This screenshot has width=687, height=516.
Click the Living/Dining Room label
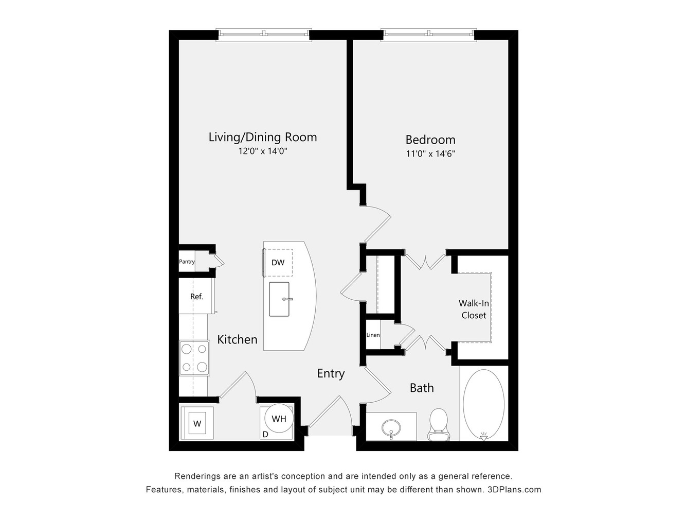coord(263,137)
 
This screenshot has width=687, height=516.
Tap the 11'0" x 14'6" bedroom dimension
coord(430,154)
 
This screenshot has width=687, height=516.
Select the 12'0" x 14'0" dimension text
coord(263,151)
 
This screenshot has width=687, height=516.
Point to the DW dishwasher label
coord(278,263)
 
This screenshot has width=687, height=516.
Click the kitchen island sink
coord(279,299)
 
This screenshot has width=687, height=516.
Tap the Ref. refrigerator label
coord(196,297)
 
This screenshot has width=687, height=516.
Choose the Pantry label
coord(187,262)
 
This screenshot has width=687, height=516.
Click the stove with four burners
coord(194,358)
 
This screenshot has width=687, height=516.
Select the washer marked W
coord(197,423)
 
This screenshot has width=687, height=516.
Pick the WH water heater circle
coord(279,419)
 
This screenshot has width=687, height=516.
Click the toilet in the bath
coord(439,424)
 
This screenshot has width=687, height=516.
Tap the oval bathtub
coord(483,405)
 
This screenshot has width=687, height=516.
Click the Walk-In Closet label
coord(474,309)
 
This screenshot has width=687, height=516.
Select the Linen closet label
coord(373,335)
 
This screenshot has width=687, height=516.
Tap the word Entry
coord(331,373)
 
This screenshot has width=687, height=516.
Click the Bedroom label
coord(430,140)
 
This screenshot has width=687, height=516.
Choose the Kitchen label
coord(237,339)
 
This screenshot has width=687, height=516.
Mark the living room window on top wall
coord(264,35)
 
